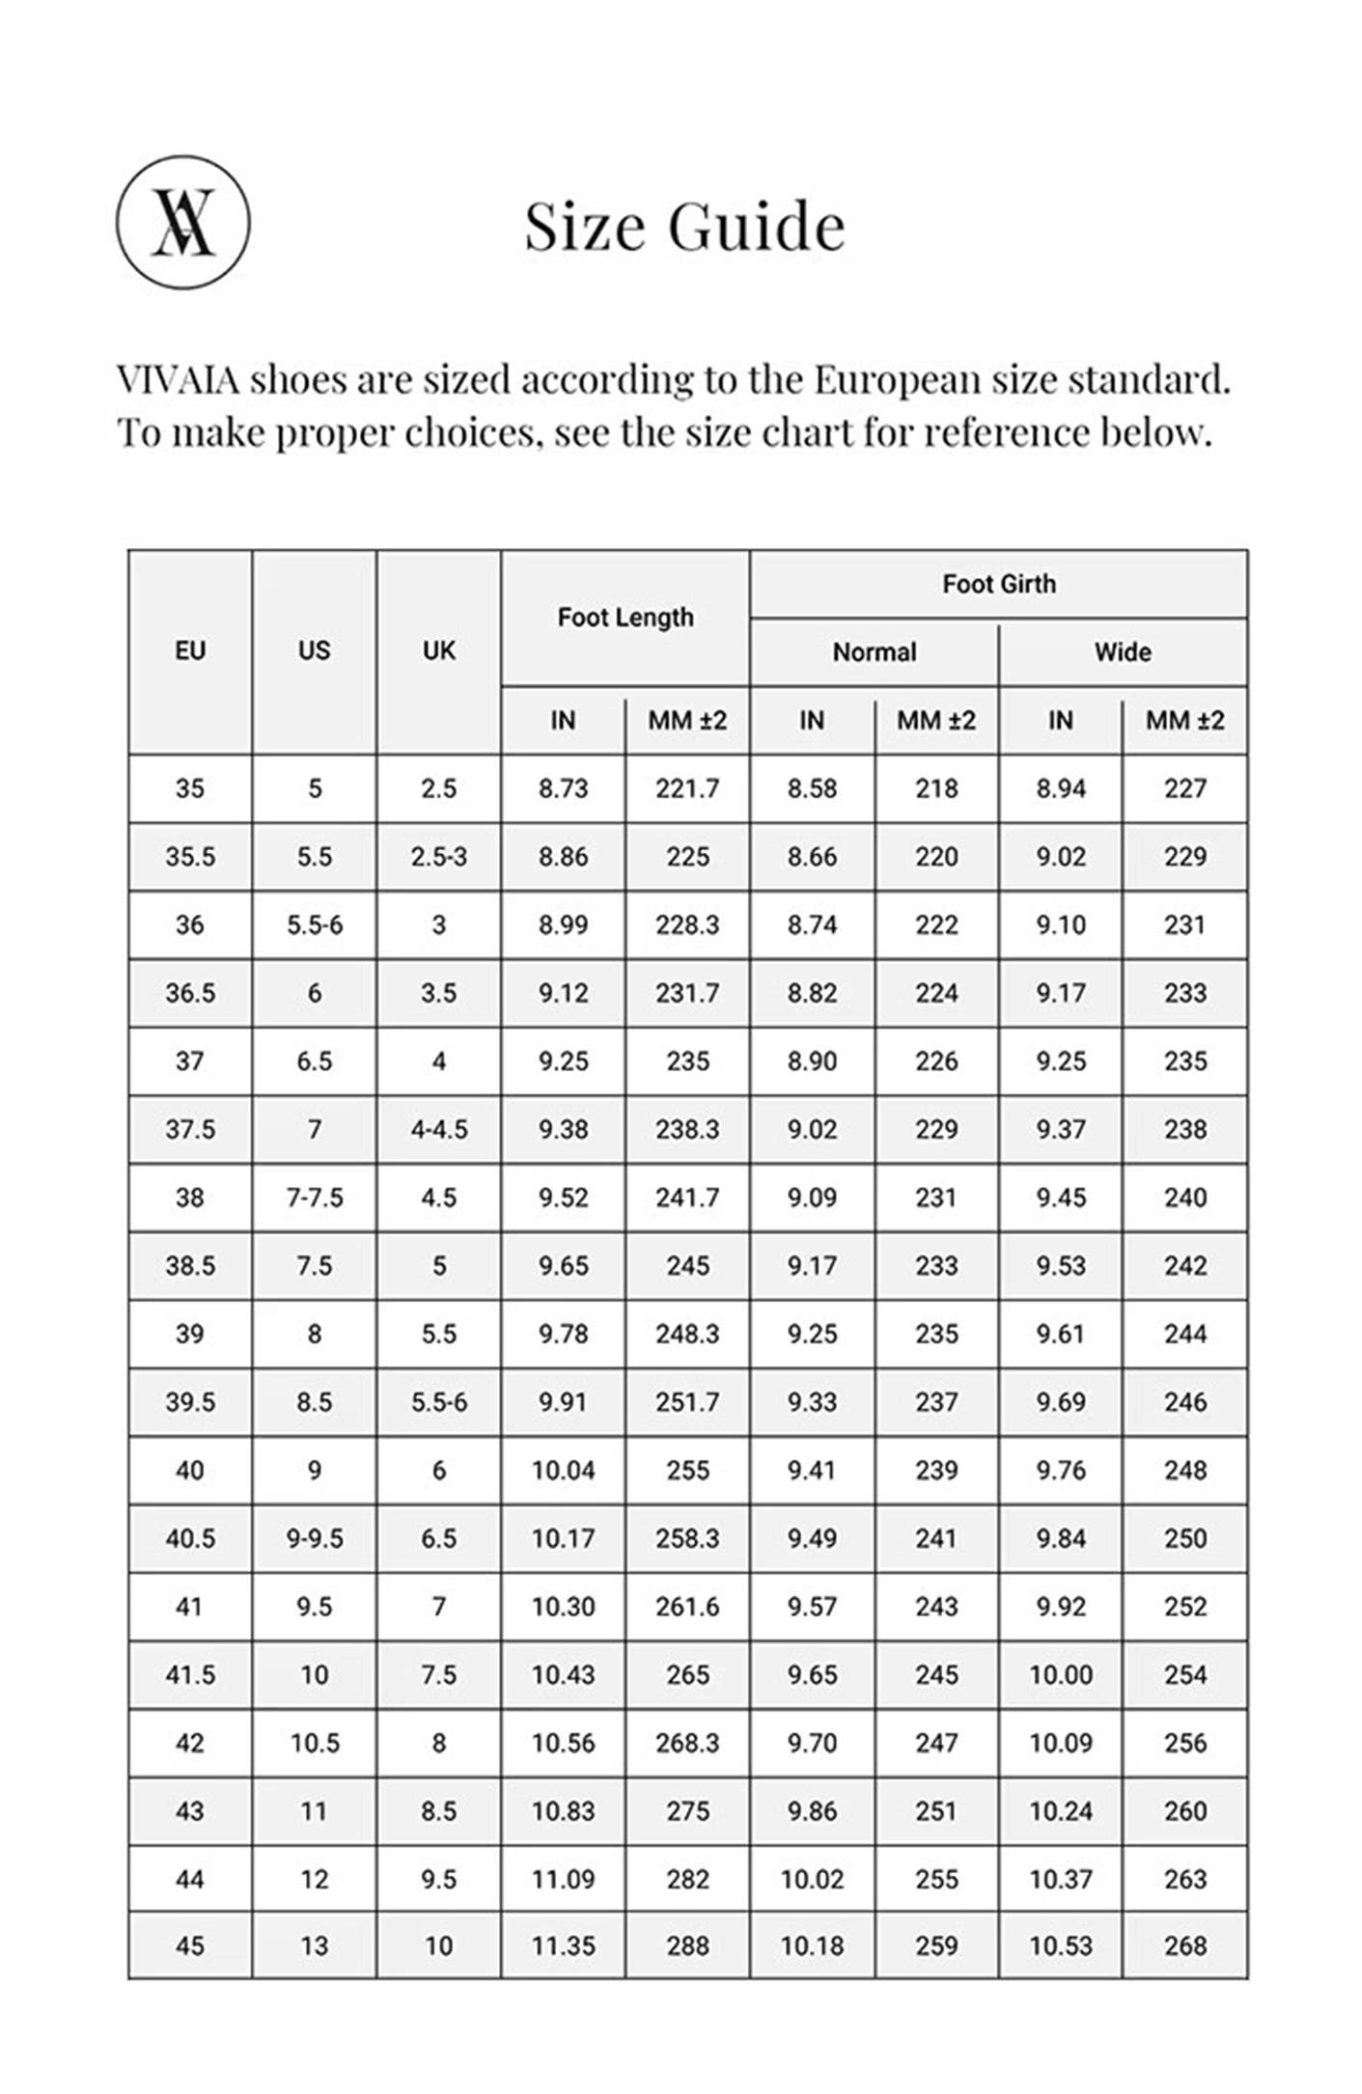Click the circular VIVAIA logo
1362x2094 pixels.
183,222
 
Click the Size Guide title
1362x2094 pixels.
683,226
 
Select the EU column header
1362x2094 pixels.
190,651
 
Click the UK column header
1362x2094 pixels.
438,651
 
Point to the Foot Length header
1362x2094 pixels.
625,618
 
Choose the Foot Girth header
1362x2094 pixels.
999,584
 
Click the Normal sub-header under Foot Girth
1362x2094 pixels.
875,652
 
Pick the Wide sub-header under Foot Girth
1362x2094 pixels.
1123,652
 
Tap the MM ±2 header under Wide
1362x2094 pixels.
1184,721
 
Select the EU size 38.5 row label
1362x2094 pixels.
190,1265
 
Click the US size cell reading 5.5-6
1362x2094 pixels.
315,924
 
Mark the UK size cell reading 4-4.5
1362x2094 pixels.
438,1129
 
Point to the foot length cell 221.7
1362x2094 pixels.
687,788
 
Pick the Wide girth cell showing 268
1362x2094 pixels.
1184,1945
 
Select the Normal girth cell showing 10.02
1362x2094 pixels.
812,1879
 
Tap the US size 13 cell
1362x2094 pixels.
315,1945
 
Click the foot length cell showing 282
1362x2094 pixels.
687,1879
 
